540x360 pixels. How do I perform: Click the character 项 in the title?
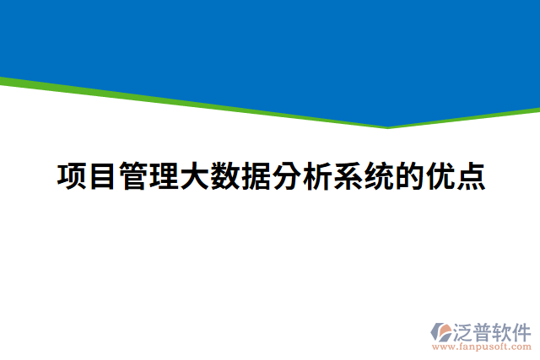(x=71, y=178)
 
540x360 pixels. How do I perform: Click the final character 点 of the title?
(x=470, y=178)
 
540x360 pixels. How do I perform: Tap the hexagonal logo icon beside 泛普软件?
(x=441, y=330)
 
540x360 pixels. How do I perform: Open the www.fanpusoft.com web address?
(x=481, y=346)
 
